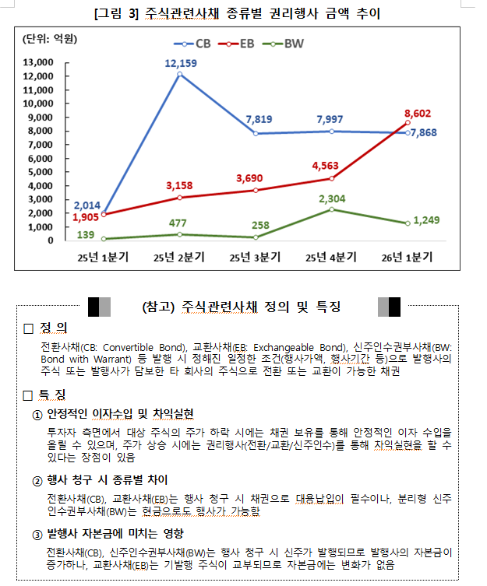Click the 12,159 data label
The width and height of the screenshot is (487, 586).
180,62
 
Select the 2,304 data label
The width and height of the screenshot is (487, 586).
332,198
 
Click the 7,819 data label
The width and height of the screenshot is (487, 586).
259,119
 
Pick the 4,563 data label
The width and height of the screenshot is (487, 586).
326,165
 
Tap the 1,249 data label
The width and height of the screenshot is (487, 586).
427,219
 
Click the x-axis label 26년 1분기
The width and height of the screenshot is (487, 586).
408,255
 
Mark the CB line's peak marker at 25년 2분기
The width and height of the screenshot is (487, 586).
180,75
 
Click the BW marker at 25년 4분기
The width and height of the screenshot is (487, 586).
332,209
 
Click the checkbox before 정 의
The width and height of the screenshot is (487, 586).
28,329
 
